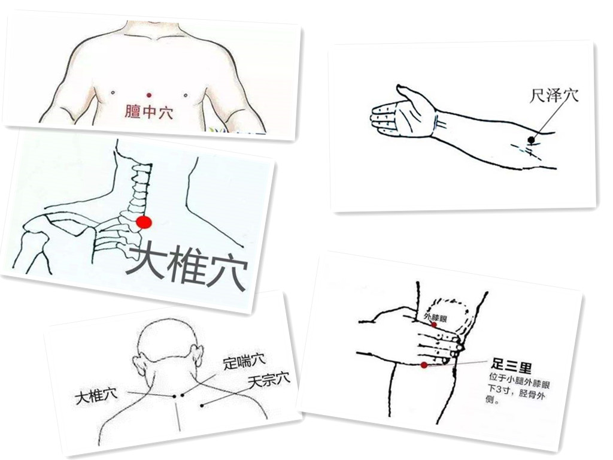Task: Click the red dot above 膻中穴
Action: click(149, 95)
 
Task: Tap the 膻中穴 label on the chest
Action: click(149, 112)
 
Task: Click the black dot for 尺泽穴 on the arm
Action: click(531, 140)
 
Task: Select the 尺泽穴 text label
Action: click(554, 95)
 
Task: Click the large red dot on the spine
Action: click(144, 222)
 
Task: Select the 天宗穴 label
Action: click(269, 380)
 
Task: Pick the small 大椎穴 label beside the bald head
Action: click(96, 397)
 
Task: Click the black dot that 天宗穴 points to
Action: click(202, 405)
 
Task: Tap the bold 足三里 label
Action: click(511, 366)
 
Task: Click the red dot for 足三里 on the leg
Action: click(424, 365)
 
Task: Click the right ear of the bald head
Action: click(198, 355)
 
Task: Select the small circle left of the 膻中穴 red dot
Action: click(113, 93)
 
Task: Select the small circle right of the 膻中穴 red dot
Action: click(186, 95)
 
